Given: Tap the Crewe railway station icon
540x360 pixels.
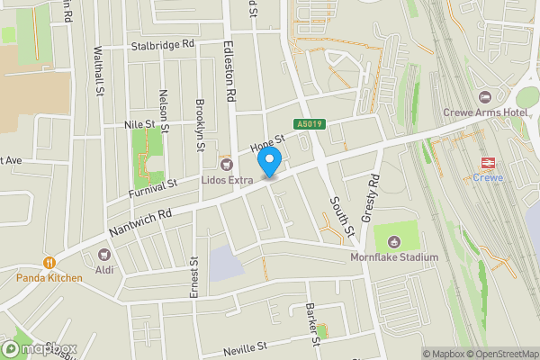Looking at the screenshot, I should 488,162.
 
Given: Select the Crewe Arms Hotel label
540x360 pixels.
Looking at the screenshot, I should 485,112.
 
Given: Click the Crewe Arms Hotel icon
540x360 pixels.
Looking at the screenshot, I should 486,97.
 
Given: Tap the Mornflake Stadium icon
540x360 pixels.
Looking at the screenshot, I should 394,241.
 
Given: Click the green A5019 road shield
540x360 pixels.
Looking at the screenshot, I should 308,124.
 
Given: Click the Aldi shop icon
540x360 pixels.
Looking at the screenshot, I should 103,256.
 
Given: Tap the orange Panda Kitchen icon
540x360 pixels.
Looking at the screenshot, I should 48,263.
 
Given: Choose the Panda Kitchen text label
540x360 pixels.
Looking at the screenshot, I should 49,278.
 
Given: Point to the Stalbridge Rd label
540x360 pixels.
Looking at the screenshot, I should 163,44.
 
